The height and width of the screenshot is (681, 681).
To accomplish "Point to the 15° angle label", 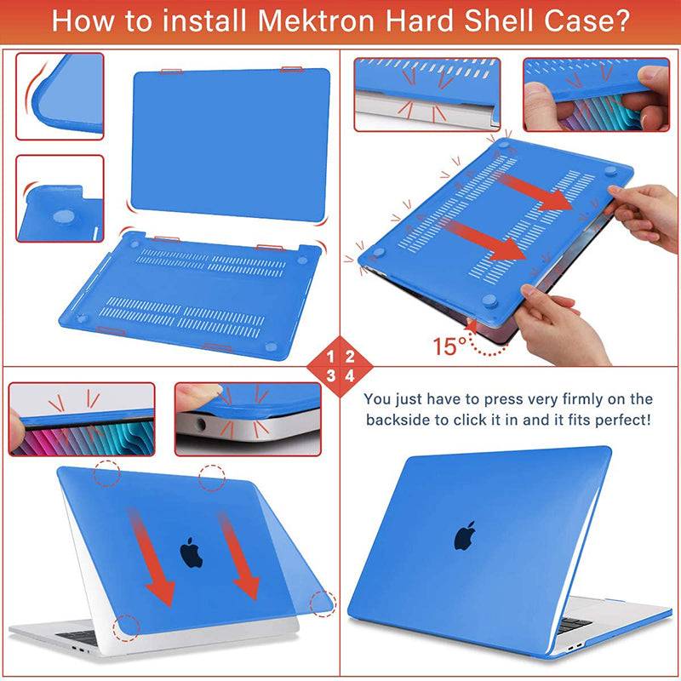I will [450, 346].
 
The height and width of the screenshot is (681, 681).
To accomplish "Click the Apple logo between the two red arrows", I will [192, 552].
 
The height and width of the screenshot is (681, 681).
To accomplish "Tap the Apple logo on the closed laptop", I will [465, 535].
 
